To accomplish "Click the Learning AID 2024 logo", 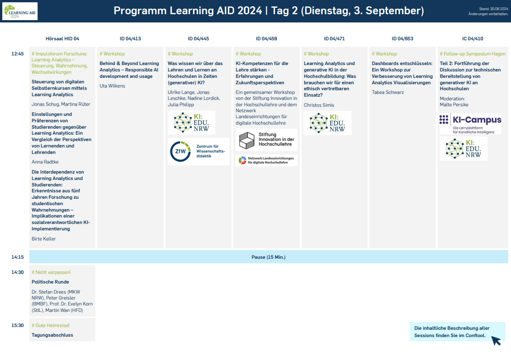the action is [20, 11].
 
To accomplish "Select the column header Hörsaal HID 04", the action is [62, 39].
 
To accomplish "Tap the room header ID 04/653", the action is [402, 39].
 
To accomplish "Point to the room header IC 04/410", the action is [473, 39].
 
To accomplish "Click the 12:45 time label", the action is [17, 54].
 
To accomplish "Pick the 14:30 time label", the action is [17, 273].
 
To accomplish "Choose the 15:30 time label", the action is [17, 326].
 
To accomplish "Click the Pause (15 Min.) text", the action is [269, 257].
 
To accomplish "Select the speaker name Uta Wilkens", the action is [112, 86].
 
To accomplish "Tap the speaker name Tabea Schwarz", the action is [388, 93].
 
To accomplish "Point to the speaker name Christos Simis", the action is [319, 105].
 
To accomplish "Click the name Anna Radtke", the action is [45, 162].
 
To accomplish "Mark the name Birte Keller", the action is [44, 239].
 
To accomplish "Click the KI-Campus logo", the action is [470, 124].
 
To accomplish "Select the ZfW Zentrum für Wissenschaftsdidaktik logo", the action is [198, 152].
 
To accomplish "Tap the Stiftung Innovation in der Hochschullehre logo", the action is [266, 140].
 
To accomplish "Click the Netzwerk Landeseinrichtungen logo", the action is [266, 160].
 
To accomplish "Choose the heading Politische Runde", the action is [50, 282].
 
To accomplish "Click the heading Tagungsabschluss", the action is [52, 335].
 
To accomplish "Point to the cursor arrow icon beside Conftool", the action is [496, 341].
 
